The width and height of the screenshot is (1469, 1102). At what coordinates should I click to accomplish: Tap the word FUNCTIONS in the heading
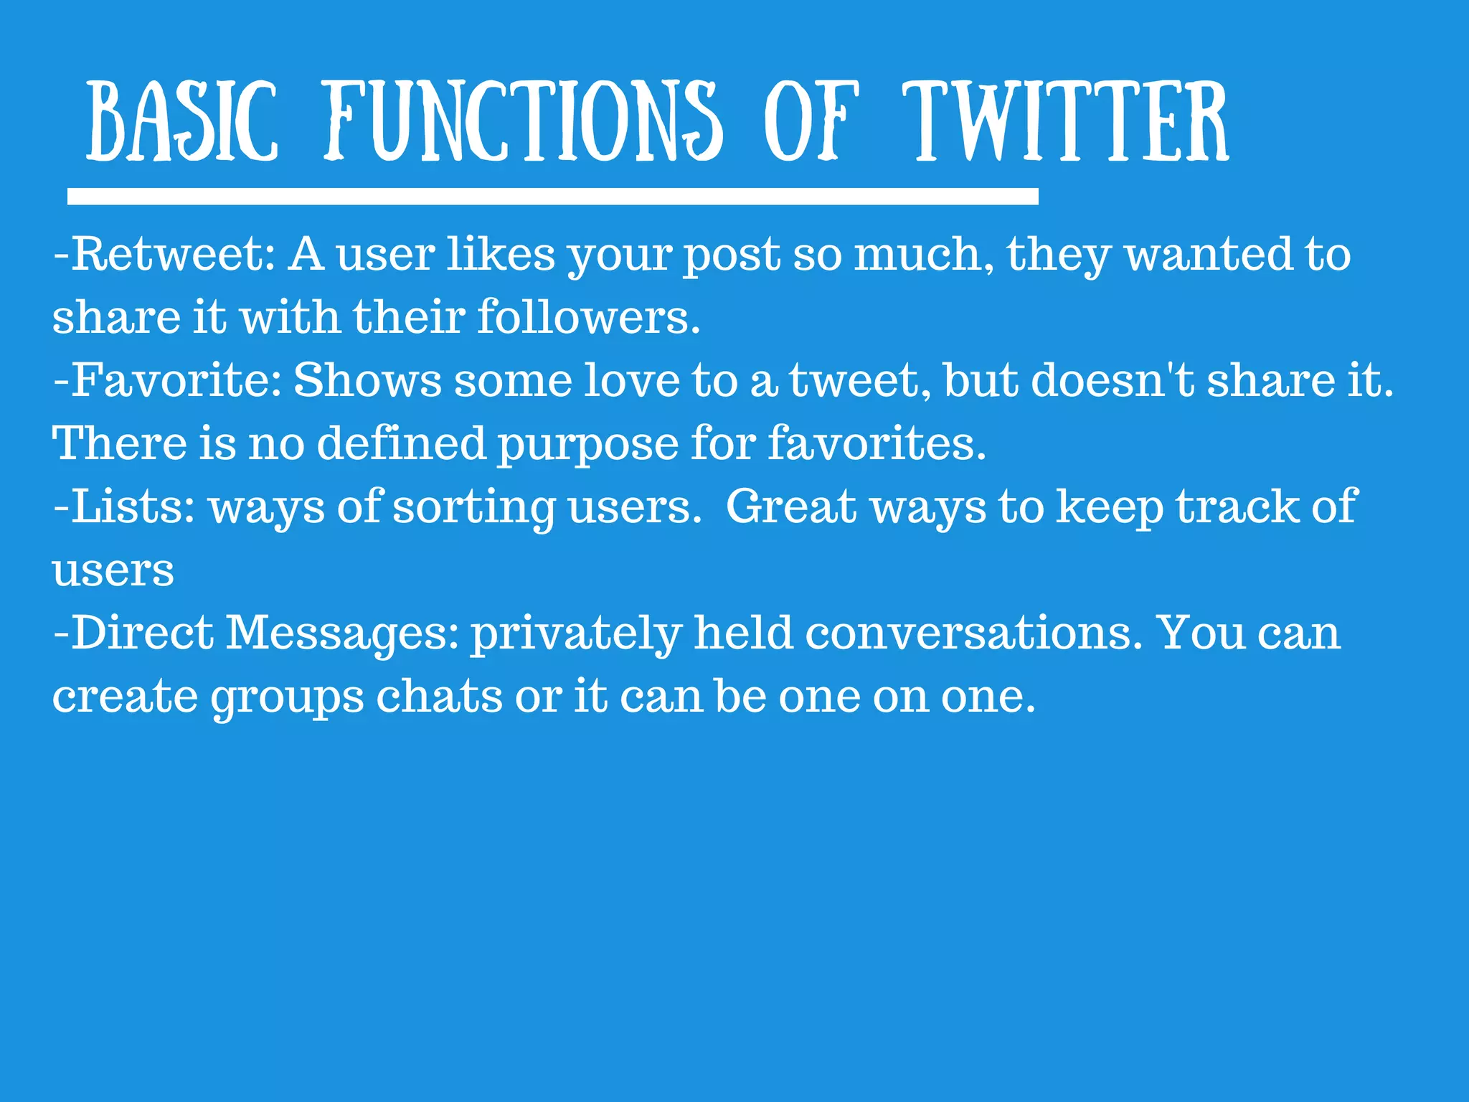tap(521, 122)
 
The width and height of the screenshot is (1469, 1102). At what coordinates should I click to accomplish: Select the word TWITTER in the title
tap(1066, 122)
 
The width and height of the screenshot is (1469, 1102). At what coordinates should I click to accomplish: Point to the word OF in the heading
tap(811, 122)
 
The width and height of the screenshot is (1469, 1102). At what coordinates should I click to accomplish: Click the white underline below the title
tap(552, 197)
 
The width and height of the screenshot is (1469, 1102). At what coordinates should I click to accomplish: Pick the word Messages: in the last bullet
tap(342, 633)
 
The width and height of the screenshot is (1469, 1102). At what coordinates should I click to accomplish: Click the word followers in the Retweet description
tap(580, 317)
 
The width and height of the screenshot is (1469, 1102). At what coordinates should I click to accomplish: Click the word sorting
tap(473, 508)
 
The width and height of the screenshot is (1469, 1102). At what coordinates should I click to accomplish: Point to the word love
tap(631, 380)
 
